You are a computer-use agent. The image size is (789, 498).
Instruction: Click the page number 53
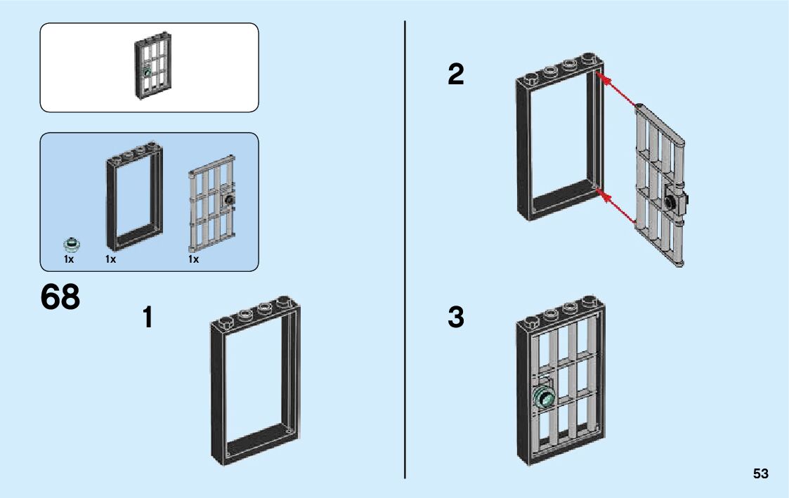pyautogui.click(x=760, y=474)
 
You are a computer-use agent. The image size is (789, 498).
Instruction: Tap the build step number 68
pyautogui.click(x=60, y=298)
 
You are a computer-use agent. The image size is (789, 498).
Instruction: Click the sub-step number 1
pyautogui.click(x=147, y=317)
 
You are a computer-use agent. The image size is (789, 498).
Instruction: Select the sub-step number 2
pyautogui.click(x=456, y=74)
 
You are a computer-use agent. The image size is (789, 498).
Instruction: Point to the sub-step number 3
pyautogui.click(x=456, y=317)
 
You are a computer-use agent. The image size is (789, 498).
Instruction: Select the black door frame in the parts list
pyautogui.click(x=134, y=198)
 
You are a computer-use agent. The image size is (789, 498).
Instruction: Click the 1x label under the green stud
pyautogui.click(x=69, y=259)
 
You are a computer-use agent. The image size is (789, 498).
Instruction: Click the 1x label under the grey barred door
pyautogui.click(x=193, y=259)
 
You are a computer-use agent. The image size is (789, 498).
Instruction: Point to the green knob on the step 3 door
pyautogui.click(x=544, y=399)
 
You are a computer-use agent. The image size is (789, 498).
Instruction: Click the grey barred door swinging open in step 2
pyautogui.click(x=660, y=186)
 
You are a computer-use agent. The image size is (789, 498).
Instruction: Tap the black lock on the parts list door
pyautogui.click(x=228, y=200)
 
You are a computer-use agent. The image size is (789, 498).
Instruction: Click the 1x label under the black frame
pyautogui.click(x=110, y=259)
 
